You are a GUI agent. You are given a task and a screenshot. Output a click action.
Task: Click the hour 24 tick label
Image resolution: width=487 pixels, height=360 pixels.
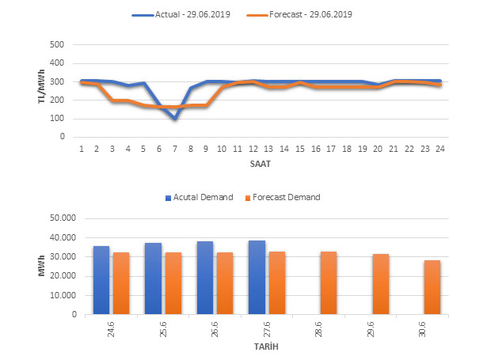click(438, 148)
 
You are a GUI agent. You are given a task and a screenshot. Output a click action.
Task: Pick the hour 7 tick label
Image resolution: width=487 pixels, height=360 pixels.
click(175, 148)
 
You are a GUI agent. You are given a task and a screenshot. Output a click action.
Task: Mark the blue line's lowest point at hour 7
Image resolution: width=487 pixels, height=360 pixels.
click(175, 119)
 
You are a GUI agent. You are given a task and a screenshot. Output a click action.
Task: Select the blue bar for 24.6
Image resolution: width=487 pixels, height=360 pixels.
click(101, 280)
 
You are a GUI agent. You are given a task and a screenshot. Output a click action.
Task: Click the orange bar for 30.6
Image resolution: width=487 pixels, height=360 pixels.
click(432, 287)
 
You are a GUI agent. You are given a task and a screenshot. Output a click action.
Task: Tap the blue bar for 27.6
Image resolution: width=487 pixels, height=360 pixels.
click(257, 278)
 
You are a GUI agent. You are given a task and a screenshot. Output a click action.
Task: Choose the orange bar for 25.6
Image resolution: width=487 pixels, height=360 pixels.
click(173, 283)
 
